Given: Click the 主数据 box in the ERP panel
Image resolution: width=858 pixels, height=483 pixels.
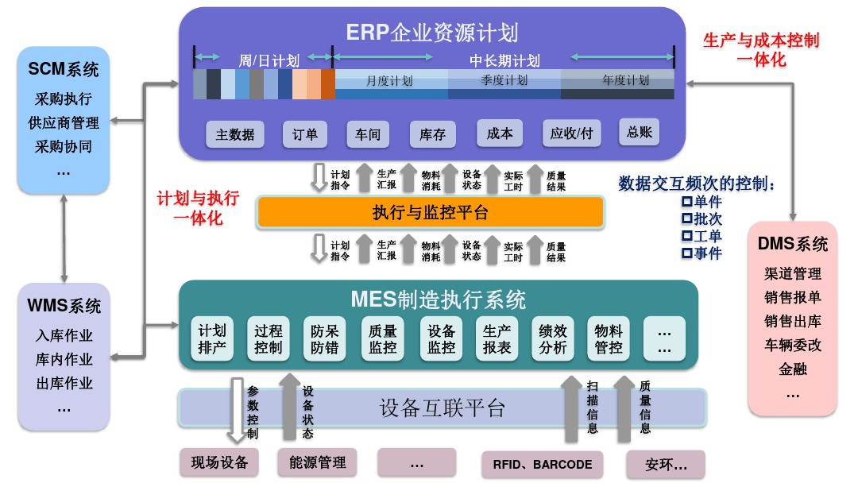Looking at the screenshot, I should pos(235,134).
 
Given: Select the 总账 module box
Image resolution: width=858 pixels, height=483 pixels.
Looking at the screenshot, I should pos(639,132).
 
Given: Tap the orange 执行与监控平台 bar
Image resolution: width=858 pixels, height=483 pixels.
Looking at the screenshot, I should pos(430,212).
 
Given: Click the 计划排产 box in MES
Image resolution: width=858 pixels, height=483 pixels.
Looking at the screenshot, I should pos(212,339).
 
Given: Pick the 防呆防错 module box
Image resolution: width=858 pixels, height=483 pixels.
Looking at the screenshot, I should pos(324,339).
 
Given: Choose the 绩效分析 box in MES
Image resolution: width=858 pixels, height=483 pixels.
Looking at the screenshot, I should pos(551,339).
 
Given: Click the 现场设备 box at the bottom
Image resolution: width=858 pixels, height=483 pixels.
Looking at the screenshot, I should pos(219,462).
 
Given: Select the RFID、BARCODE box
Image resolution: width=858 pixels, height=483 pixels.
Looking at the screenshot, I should pos(542,464).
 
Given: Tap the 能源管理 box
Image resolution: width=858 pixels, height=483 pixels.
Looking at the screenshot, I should pos(317,462).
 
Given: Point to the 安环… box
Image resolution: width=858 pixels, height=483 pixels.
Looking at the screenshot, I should pos(665,464).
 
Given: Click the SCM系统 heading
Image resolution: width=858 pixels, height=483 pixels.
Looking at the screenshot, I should pos(64,70).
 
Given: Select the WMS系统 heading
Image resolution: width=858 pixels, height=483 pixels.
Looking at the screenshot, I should pos(64,306).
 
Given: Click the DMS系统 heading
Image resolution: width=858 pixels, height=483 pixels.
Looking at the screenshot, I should pos(792,244).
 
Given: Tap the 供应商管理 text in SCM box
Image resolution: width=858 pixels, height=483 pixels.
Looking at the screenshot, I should pos(64,123).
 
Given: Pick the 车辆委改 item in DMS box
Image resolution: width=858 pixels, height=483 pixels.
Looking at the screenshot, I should pos(792,346).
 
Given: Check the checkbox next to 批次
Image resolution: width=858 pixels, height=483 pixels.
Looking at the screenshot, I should pos(687,218).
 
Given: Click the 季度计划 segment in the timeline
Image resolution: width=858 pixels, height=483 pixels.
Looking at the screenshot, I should pos(504,81).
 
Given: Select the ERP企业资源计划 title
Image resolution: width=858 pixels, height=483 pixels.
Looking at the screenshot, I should pos(431,33).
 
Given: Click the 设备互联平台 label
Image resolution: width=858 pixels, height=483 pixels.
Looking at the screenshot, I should pos(442,408).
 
